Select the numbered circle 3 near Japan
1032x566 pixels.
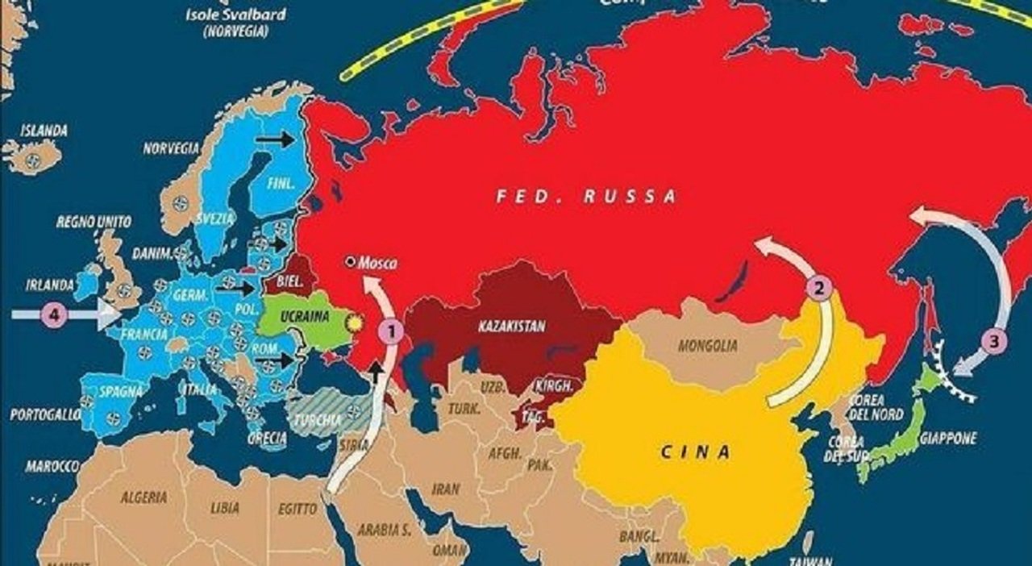(x=994, y=341)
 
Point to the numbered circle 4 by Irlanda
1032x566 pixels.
(x=54, y=315)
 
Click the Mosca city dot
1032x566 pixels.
(x=350, y=261)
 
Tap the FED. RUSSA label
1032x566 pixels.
(x=586, y=196)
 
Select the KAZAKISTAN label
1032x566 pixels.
(x=511, y=327)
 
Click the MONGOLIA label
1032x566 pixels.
(x=707, y=346)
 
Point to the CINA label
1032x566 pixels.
(x=696, y=452)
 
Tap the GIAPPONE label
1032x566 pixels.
(x=947, y=439)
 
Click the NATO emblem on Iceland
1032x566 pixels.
(x=33, y=160)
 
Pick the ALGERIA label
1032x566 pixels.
(x=144, y=497)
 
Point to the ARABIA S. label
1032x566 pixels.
(x=383, y=530)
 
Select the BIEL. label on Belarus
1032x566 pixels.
(x=289, y=281)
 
